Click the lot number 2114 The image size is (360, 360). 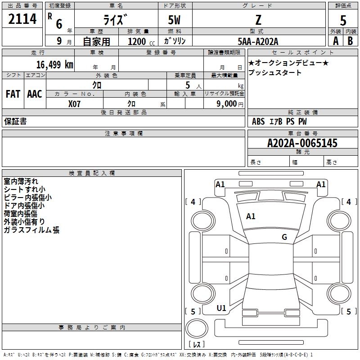[22, 19]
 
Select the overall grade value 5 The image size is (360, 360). [343, 20]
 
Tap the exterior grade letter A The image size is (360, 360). [336, 41]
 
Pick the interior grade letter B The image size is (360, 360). [350, 41]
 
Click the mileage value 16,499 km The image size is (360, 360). [55, 64]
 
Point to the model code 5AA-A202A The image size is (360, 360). [258, 41]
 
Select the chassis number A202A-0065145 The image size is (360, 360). [302, 143]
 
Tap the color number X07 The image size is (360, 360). [74, 104]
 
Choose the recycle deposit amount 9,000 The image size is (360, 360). [226, 103]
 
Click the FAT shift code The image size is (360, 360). [13, 94]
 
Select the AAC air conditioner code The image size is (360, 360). [35, 94]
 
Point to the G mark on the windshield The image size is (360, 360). [284, 237]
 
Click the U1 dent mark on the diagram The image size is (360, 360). [221, 308]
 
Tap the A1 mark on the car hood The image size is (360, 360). [251, 216]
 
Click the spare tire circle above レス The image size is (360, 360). [197, 328]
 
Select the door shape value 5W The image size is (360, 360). [174, 20]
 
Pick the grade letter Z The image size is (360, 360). [258, 20]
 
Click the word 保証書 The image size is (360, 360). [15, 121]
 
